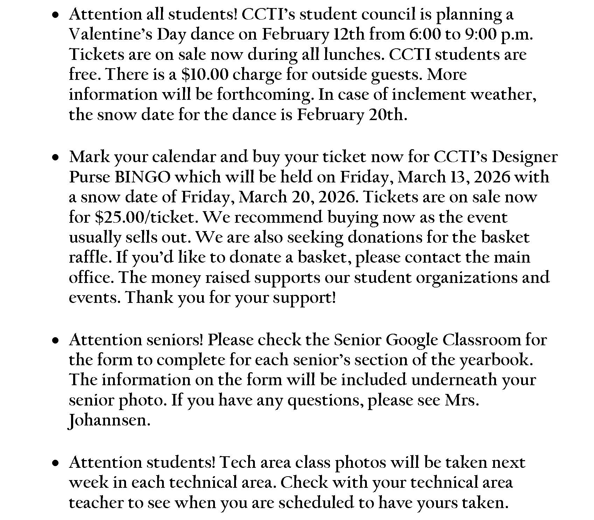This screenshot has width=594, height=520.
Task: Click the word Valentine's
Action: coord(110,34)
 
